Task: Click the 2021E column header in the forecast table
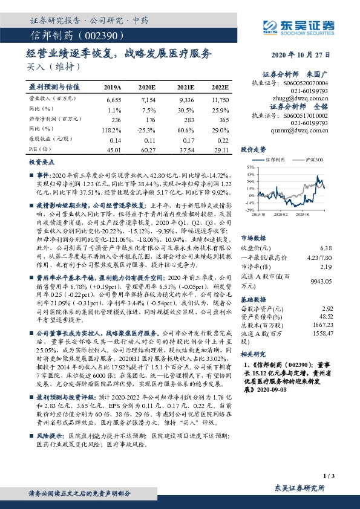tap(186, 87)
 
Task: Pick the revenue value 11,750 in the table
tap(220, 99)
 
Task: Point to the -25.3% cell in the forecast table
tap(147, 129)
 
